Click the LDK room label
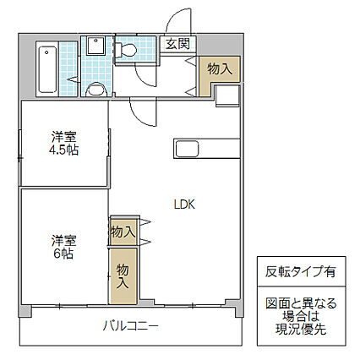coord(185,204)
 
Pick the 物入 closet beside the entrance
coord(219,68)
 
